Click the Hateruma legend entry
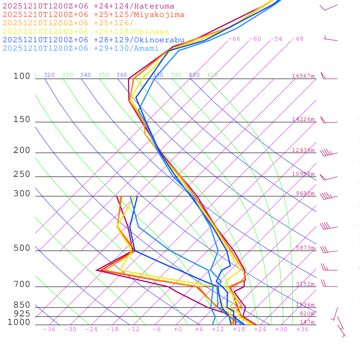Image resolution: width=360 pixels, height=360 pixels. click(88, 6)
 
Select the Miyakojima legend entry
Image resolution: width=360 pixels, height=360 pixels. click(93, 15)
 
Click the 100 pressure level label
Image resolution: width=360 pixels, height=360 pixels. click(22, 76)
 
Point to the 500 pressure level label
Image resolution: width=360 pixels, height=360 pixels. click(22, 248)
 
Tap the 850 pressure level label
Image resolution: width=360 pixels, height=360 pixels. click(22, 305)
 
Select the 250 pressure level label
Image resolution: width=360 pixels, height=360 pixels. click(22, 174)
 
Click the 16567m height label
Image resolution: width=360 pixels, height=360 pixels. click(303, 76)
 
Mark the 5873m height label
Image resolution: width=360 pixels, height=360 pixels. click(305, 248)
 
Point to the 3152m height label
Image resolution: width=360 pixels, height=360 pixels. click(305, 284)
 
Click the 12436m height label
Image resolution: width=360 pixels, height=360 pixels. click(303, 150)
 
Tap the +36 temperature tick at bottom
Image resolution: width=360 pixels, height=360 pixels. click(302, 329)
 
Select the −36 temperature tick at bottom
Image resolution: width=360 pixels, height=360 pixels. click(49, 329)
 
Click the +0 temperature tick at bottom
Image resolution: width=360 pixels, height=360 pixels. click(178, 329)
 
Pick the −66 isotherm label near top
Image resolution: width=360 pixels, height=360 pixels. click(234, 39)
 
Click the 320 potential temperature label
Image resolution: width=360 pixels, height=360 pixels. click(49, 75)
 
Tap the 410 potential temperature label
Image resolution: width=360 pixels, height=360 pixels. click(212, 75)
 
